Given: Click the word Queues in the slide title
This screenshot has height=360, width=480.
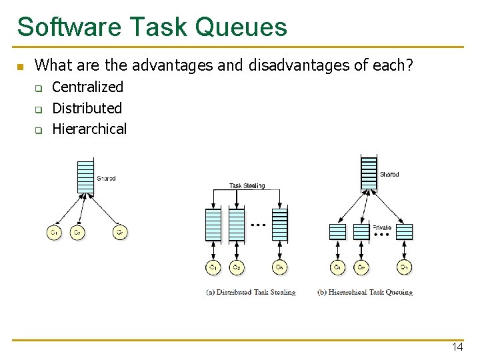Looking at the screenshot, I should (241, 27).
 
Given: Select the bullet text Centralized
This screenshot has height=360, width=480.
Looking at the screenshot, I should (87, 87).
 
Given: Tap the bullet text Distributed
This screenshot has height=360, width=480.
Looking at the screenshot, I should (87, 108).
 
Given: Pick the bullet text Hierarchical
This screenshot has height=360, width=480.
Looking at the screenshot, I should (89, 129).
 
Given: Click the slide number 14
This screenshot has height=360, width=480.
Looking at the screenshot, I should (457, 347).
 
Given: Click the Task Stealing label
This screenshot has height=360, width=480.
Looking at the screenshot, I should (247, 185).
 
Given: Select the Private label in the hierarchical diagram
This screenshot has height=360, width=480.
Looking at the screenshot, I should (382, 227).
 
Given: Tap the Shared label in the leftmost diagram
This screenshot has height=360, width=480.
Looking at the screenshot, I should (106, 178).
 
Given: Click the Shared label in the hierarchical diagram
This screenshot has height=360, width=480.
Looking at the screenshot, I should (389, 174).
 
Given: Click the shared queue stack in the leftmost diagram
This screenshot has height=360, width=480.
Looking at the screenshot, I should (85, 177).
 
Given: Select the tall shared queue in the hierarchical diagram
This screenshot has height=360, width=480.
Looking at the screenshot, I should (368, 173).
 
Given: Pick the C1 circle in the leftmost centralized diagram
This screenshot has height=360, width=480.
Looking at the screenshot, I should (53, 233).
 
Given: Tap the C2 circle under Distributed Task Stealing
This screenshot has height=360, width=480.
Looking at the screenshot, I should (236, 267).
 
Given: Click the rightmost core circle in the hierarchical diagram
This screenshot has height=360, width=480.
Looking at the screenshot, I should (404, 267).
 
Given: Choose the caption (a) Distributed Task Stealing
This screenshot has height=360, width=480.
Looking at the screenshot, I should (251, 292).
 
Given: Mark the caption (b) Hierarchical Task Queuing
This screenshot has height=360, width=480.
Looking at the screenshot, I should (365, 292).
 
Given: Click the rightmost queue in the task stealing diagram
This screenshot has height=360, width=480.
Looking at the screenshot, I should (280, 225).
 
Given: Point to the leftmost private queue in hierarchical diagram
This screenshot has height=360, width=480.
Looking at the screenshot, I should (338, 231).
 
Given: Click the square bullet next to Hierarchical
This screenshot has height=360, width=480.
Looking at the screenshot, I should (39, 130).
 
